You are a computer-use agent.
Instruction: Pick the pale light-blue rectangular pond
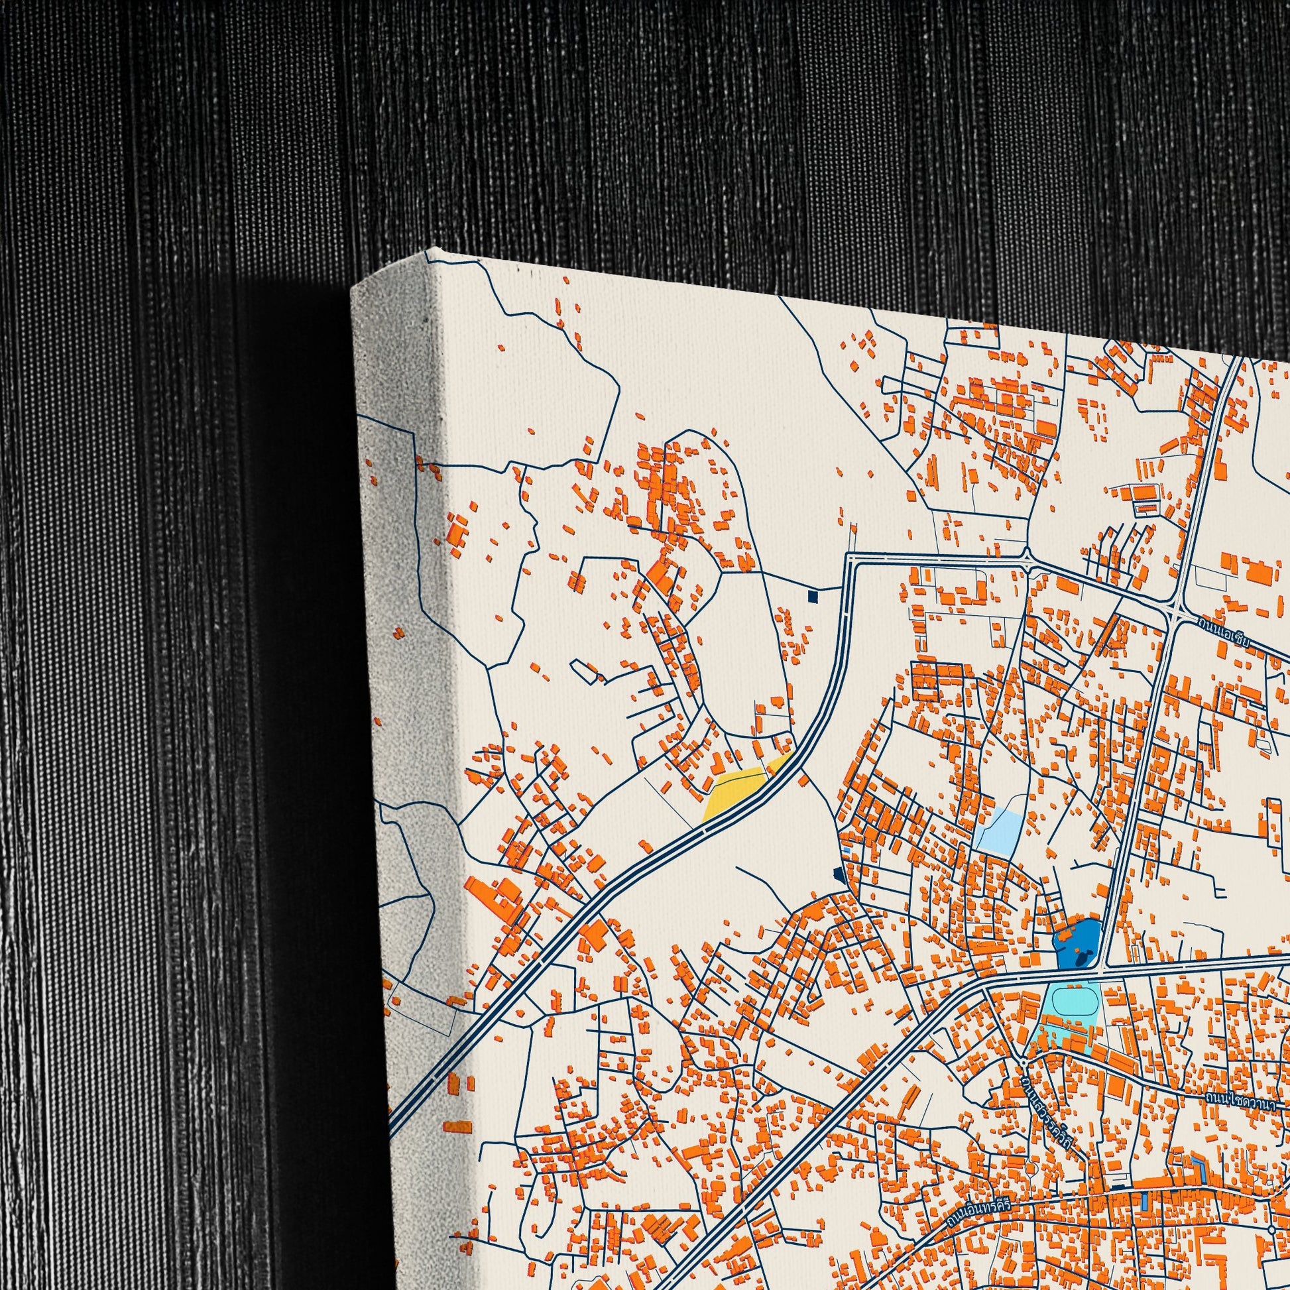tap(1000, 831)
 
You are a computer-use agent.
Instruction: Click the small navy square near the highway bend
tap(813, 595)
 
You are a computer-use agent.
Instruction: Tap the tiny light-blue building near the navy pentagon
tap(847, 850)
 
